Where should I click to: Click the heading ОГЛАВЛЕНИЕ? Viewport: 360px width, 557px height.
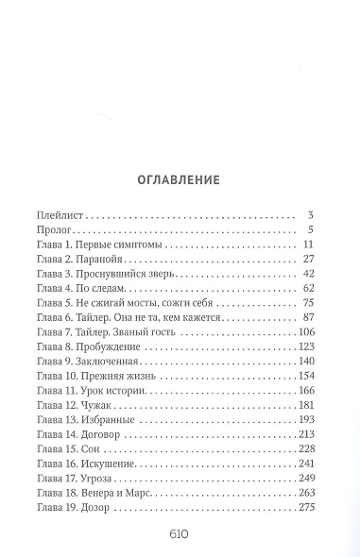click(x=180, y=177)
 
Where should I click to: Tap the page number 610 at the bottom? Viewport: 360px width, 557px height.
click(x=180, y=532)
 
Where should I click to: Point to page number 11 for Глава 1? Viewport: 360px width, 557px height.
click(x=306, y=244)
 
